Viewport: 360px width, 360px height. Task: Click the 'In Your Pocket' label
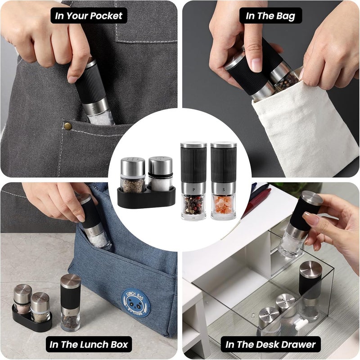tap(89, 16)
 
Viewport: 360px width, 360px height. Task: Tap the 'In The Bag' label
tap(270, 16)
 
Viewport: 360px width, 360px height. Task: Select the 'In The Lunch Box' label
tap(89, 344)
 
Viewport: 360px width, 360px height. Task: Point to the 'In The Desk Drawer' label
tap(270, 344)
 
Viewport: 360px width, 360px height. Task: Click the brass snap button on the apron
tap(68, 126)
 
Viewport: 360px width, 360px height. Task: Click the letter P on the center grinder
tap(193, 189)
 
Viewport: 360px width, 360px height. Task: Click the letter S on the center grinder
tap(223, 189)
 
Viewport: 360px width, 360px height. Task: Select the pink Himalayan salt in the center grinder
tap(223, 204)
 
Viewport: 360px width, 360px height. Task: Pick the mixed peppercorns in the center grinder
tap(193, 205)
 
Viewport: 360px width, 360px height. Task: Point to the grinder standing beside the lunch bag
tap(70, 302)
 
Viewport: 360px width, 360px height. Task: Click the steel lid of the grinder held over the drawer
tap(312, 198)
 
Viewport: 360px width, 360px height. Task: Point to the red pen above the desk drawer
tap(257, 202)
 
